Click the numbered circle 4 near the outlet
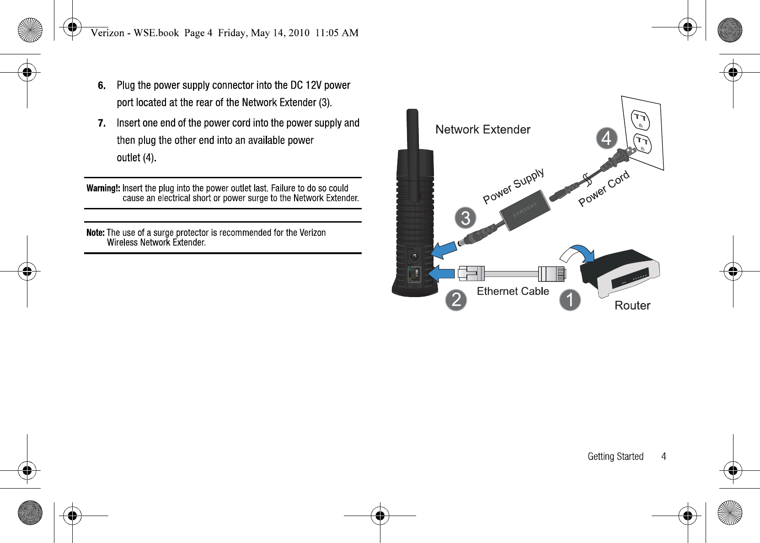tap(607, 138)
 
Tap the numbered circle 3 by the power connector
tap(466, 218)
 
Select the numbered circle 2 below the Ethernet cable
tap(456, 300)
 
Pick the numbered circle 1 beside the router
tap(570, 300)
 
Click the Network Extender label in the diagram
tap(482, 129)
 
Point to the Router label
tap(632, 305)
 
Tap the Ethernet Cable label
tap(513, 291)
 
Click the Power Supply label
tap(514, 186)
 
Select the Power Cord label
tap(604, 188)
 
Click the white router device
tap(620, 274)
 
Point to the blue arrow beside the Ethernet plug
tap(441, 273)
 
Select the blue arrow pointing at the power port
tap(444, 251)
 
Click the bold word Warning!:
tap(103, 188)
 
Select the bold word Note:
tap(96, 233)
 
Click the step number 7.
tap(102, 123)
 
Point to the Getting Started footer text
tap(615, 456)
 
